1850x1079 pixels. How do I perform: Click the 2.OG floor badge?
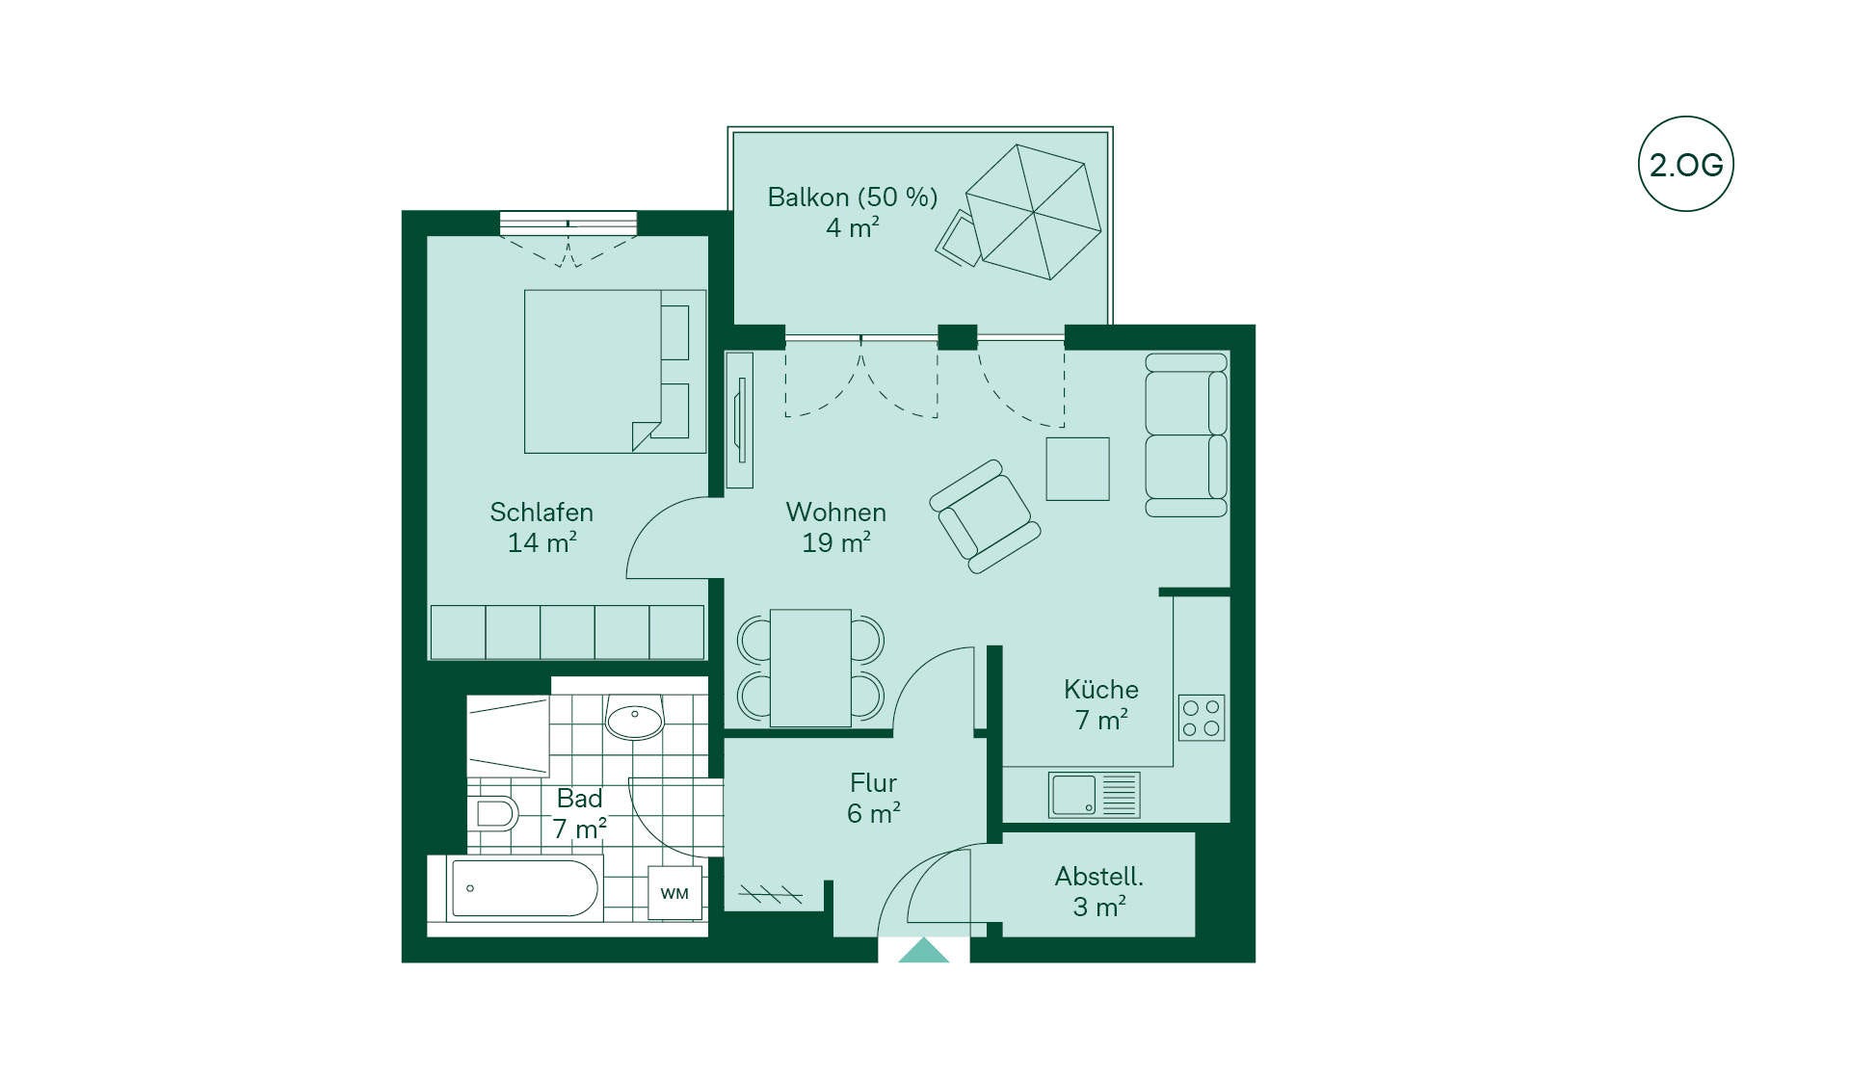(x=1685, y=164)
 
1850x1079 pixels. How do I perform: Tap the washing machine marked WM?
(x=674, y=893)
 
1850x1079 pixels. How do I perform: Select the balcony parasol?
(x=1033, y=212)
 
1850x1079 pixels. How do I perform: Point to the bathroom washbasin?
(x=635, y=717)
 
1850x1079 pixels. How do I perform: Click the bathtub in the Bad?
(x=524, y=887)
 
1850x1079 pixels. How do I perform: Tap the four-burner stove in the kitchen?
(x=1202, y=718)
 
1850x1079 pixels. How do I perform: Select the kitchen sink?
(x=1095, y=796)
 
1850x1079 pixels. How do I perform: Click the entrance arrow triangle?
(x=923, y=950)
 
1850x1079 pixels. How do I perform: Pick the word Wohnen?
(x=835, y=512)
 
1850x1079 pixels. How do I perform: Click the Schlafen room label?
(x=542, y=512)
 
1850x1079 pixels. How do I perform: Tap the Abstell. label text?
(x=1099, y=877)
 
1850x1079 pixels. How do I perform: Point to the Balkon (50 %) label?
(x=853, y=197)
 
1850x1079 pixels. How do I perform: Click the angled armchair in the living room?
(x=985, y=516)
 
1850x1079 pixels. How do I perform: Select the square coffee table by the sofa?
(x=1077, y=469)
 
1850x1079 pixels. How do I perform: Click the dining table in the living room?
(x=810, y=668)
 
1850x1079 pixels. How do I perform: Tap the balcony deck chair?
(x=958, y=239)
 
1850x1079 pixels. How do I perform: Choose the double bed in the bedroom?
(x=615, y=371)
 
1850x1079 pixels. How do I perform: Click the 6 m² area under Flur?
(x=874, y=814)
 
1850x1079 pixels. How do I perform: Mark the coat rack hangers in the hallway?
(x=771, y=894)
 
